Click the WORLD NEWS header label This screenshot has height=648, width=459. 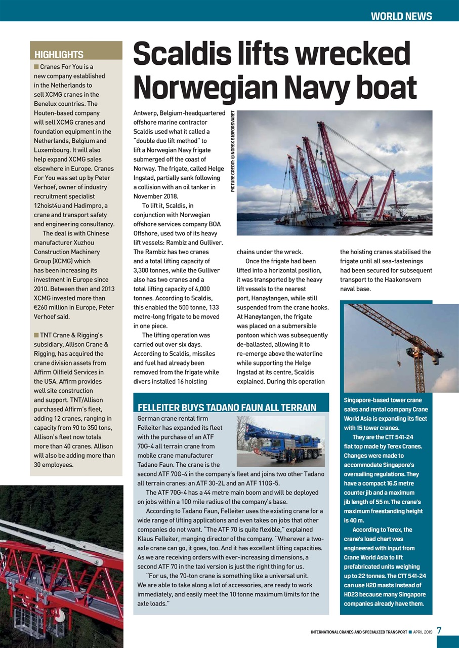point(401,16)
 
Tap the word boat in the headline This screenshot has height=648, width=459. point(384,88)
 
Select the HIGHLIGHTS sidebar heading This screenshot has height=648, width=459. point(59,55)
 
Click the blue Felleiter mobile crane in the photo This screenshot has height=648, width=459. point(281,439)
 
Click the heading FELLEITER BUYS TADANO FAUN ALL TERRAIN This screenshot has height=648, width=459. point(227,408)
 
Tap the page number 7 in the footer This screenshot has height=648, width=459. point(439,630)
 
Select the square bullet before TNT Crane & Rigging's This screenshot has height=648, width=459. point(36,335)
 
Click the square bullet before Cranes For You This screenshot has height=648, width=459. point(36,67)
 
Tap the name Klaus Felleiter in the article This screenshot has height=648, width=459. point(160,539)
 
